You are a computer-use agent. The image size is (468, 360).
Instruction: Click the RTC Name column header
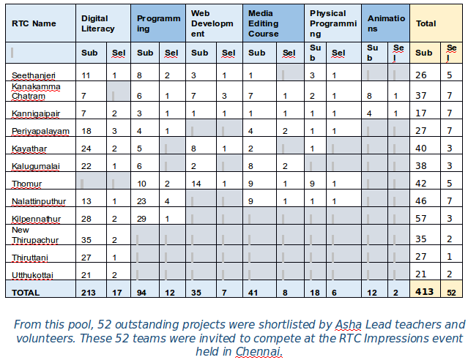point(34,23)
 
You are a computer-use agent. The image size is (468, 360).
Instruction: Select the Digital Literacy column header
point(98,23)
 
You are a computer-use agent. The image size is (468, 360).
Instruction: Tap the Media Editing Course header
point(264,23)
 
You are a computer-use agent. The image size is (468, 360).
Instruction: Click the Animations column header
point(386,23)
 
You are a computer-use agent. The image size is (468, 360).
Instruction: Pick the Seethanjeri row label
point(32,76)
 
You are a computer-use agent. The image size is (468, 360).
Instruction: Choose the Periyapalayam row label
point(40,131)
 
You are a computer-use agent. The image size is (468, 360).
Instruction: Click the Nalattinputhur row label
point(39,200)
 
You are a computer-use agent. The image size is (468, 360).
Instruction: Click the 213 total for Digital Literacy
point(89,292)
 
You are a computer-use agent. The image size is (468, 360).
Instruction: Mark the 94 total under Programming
point(143,292)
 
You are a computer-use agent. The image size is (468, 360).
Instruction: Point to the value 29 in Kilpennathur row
point(143,219)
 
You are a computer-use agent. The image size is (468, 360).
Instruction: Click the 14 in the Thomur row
point(196,184)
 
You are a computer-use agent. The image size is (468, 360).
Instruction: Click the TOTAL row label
point(26,292)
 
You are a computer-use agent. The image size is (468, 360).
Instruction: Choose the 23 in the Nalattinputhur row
point(143,201)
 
